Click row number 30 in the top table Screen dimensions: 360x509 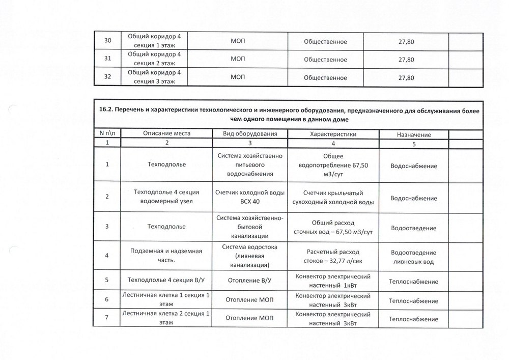[107, 41]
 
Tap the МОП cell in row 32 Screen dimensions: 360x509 [238, 78]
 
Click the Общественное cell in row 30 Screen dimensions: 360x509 [325, 41]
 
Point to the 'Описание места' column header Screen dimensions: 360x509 [166, 133]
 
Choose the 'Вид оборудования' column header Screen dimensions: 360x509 [250, 133]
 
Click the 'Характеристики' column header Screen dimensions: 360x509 [333, 133]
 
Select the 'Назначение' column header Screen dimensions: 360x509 [413, 134]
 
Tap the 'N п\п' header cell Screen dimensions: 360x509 [107, 133]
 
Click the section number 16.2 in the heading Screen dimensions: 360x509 [105, 111]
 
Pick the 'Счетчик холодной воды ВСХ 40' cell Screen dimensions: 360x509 [250, 197]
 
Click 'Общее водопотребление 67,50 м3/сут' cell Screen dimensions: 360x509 [333, 165]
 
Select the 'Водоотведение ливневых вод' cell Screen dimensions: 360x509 [413, 257]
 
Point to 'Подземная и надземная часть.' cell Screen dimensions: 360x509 [166, 256]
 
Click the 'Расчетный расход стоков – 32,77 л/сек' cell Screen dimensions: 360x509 [333, 256]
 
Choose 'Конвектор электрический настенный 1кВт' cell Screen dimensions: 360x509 [333, 281]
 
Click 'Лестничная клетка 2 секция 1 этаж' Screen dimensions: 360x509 [166, 319]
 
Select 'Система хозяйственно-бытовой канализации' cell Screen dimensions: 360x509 [250, 227]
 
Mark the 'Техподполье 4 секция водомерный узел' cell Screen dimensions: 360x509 [166, 197]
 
